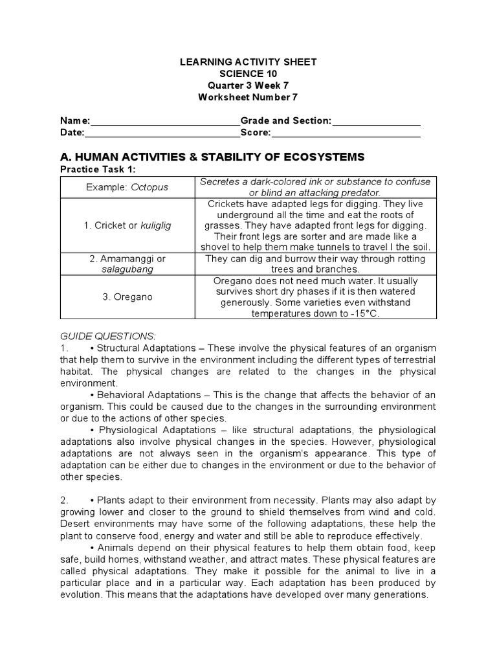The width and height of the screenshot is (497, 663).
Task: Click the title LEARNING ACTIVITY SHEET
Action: (x=248, y=62)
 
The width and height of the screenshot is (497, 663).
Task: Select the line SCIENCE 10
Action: (x=248, y=74)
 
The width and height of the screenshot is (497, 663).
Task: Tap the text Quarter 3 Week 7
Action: (x=248, y=85)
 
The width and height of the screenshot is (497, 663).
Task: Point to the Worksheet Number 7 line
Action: (x=248, y=97)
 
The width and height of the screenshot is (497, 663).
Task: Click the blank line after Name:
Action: (x=166, y=121)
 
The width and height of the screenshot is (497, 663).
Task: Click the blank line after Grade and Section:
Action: (x=376, y=121)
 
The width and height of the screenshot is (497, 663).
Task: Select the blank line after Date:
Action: (x=162, y=133)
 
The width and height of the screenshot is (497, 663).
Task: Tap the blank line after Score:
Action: (x=346, y=133)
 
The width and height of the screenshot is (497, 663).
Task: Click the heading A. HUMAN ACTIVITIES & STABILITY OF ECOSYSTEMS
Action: (x=212, y=157)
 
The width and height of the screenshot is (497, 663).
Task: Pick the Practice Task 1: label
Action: (x=98, y=169)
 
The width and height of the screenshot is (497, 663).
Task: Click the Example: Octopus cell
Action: (x=127, y=187)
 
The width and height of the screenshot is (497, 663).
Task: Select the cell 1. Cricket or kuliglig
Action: (x=127, y=225)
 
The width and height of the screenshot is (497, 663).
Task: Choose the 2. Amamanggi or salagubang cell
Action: (x=127, y=264)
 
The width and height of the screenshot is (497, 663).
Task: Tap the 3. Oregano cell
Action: (x=127, y=297)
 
